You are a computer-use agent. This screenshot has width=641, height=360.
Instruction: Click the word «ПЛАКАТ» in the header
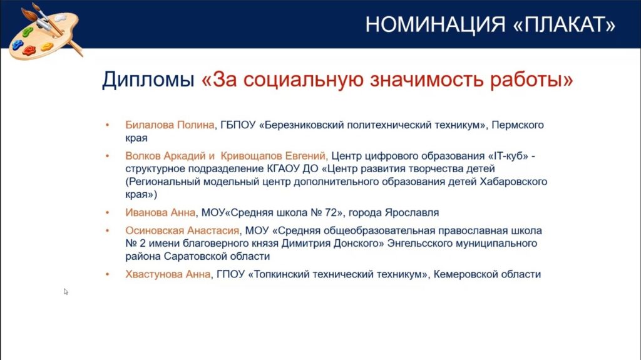coord(564,24)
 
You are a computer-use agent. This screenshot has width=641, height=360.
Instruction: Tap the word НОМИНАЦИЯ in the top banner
coord(435,24)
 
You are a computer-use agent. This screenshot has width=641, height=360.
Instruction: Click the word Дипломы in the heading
coord(148,80)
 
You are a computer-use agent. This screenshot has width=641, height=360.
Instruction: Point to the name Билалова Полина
coord(170,125)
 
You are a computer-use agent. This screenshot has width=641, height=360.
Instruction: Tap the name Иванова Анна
coord(160,213)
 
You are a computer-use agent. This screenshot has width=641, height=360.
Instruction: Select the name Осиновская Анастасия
coord(182,231)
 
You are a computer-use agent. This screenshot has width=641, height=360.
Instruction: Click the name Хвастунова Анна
coord(168,274)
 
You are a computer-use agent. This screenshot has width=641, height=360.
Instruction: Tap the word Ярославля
coord(412,213)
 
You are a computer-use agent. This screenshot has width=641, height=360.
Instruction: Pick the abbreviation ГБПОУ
coord(238,125)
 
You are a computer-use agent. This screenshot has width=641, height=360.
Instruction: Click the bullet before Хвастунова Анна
coord(108,274)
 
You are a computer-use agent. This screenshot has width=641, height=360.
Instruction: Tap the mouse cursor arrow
coord(65,291)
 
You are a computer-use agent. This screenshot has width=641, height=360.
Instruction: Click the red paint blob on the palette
coord(29,50)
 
